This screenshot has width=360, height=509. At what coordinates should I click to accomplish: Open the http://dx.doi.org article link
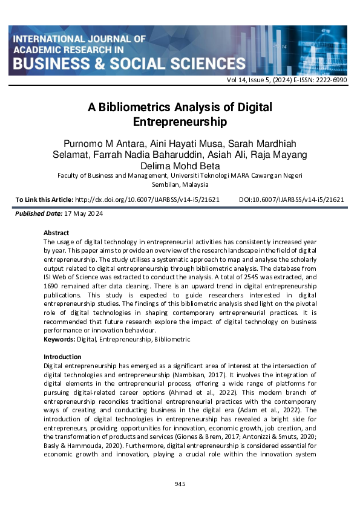146,199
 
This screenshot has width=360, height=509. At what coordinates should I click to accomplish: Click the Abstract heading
56,233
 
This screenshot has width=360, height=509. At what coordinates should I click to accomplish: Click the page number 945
180,484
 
